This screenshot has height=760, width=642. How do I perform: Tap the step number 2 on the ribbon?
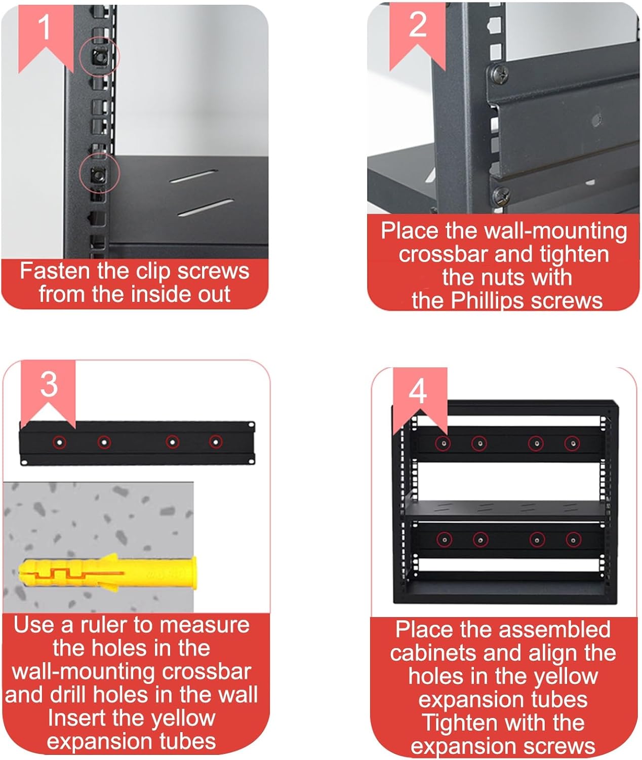coord(418,24)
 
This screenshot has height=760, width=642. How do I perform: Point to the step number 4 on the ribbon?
coord(418,391)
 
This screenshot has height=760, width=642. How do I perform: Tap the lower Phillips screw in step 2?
coord(501,194)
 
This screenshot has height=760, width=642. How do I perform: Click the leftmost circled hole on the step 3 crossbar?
coord(60,442)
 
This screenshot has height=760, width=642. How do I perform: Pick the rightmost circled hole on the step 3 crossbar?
coord(216,442)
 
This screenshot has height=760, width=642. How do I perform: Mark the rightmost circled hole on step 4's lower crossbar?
coord(573,540)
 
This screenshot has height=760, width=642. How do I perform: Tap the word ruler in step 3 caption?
coord(104,625)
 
